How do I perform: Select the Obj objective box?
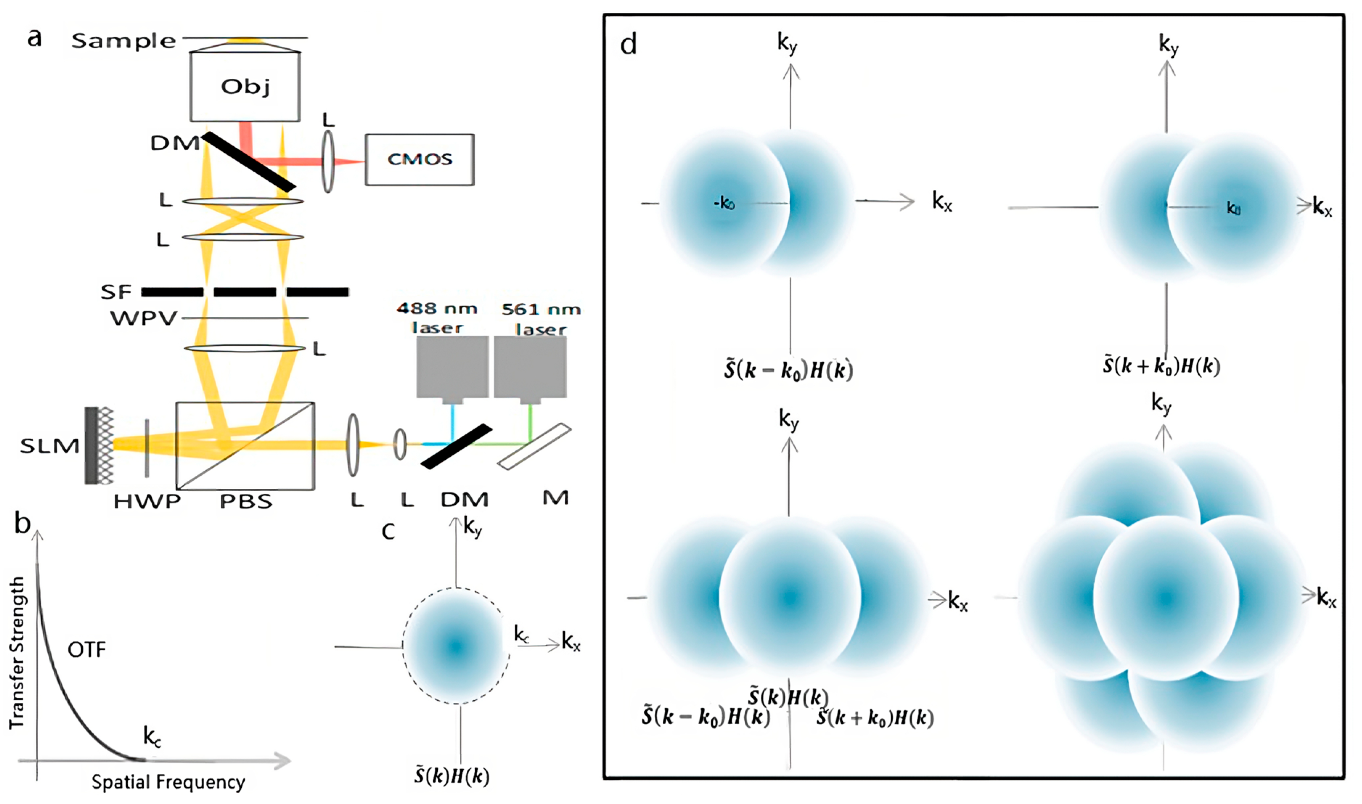[245, 87]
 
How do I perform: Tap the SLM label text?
[50, 446]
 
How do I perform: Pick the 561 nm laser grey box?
[530, 367]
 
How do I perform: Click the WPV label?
[144, 318]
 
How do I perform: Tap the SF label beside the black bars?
[116, 292]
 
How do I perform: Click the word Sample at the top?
[123, 41]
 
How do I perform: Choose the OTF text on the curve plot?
[87, 649]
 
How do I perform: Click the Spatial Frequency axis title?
[168, 782]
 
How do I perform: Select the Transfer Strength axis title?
[17, 652]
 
